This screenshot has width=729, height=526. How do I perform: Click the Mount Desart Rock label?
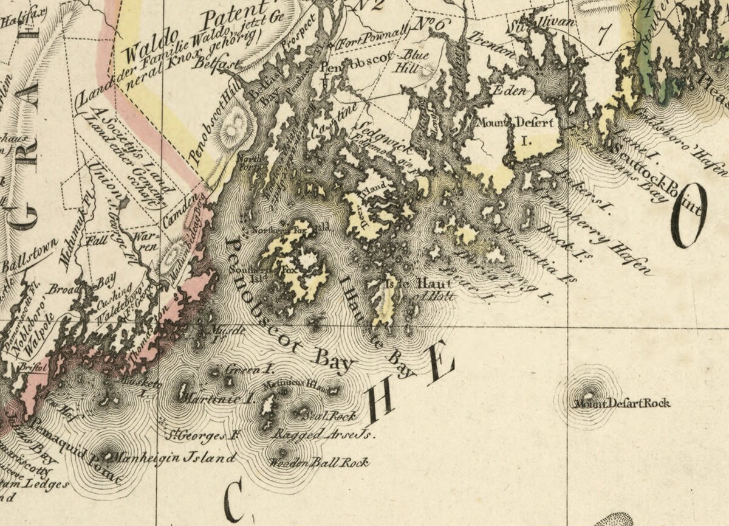click(622, 403)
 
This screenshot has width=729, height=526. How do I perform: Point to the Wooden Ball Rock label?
click(319, 463)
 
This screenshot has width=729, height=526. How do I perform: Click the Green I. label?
click(242, 370)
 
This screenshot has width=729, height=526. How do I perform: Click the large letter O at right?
click(689, 216)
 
